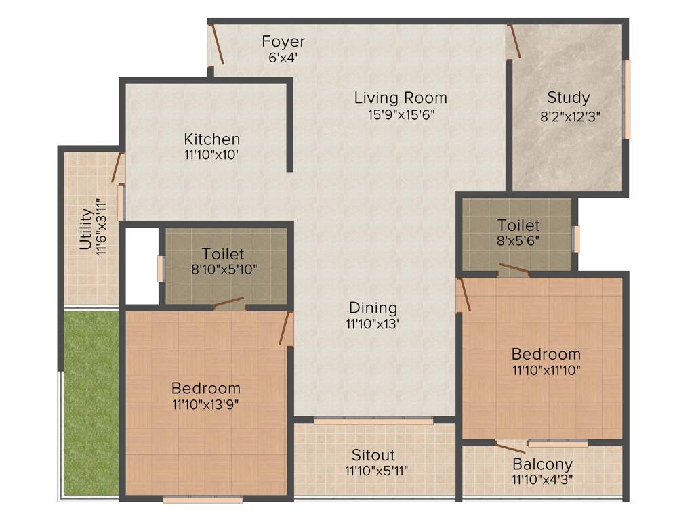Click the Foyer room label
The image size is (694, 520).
click(283, 42)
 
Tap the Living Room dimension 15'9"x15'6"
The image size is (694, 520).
click(401, 115)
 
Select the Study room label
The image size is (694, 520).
click(569, 97)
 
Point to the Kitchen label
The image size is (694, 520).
click(211, 139)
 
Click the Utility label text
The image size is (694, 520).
click(86, 229)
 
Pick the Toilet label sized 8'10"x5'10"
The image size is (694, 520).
click(224, 269)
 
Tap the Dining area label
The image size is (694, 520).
click(373, 308)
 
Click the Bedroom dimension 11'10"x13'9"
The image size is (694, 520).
click(205, 405)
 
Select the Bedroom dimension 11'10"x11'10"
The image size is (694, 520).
click(546, 370)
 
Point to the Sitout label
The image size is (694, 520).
click(373, 455)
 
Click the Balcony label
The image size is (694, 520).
click(542, 464)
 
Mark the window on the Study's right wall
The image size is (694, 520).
click(628, 100)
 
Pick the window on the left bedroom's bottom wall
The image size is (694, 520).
click(202, 500)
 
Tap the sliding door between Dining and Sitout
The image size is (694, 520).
click(373, 421)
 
